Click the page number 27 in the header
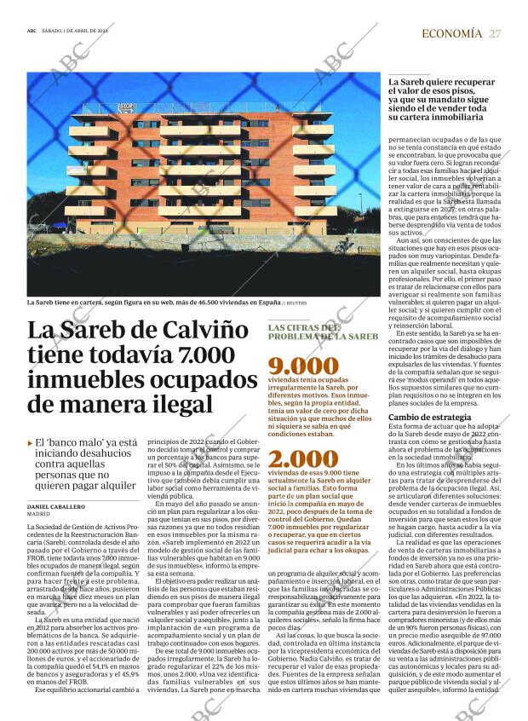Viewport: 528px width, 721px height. [495, 33]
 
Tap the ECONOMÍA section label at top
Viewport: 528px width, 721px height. [451, 33]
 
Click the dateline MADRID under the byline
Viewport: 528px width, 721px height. [38, 515]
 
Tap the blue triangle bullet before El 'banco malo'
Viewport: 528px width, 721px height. [30, 443]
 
